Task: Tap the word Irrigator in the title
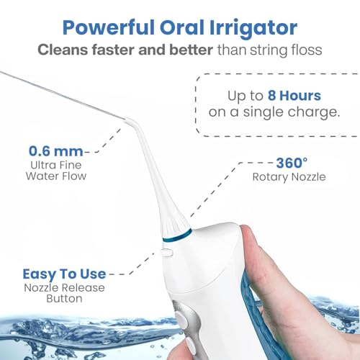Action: click(253, 27)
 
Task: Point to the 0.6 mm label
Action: click(55, 151)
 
